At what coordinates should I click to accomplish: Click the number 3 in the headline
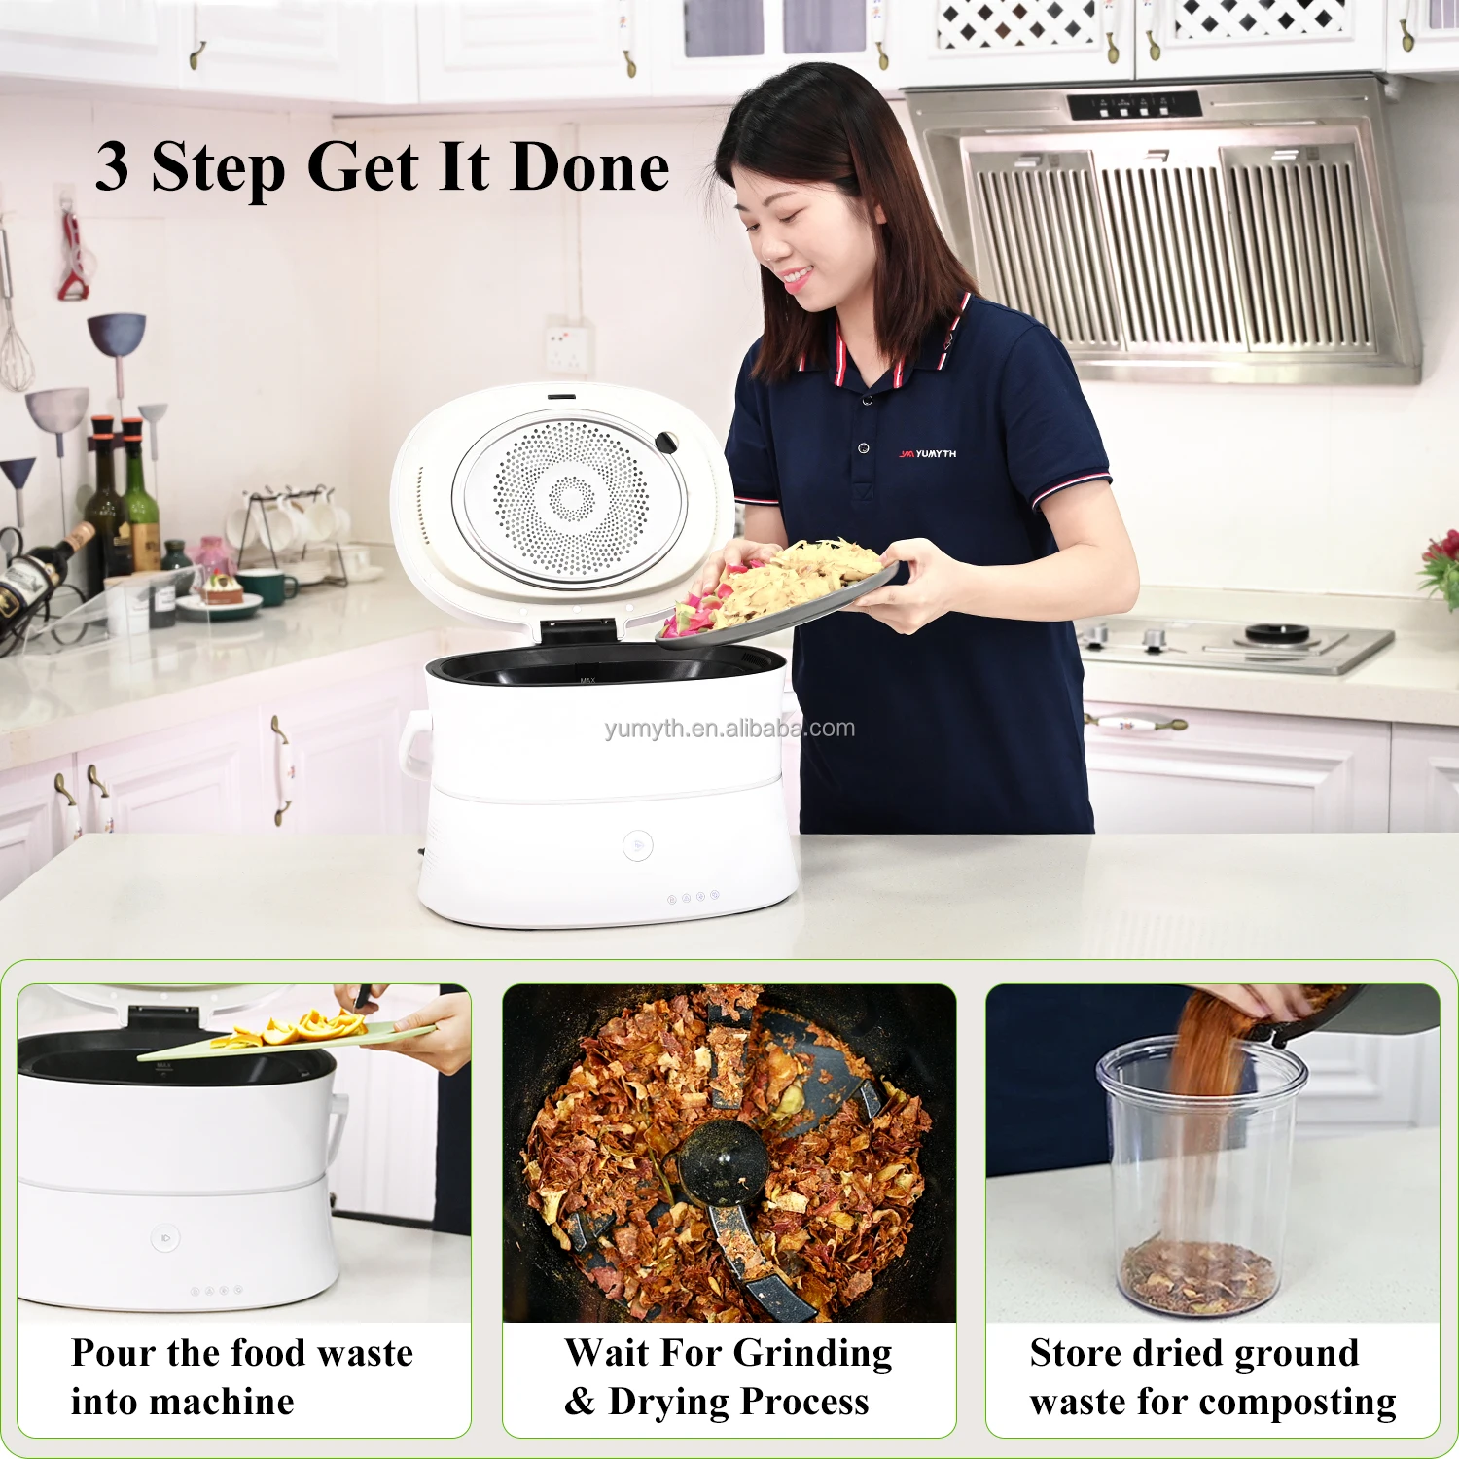tap(113, 166)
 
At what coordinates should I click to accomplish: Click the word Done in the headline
tap(589, 167)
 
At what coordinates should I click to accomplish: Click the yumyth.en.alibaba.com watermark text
tap(729, 729)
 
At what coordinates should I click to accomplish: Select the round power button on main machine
tap(637, 845)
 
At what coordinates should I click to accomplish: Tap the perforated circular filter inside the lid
tap(571, 499)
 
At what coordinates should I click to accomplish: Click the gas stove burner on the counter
tap(1277, 634)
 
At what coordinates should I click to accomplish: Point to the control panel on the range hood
tap(1134, 105)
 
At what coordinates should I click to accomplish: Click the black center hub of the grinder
tap(722, 1162)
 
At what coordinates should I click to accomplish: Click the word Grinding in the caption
tap(812, 1353)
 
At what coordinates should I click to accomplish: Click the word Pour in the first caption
tap(112, 1353)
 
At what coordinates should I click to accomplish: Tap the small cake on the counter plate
tap(220, 588)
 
